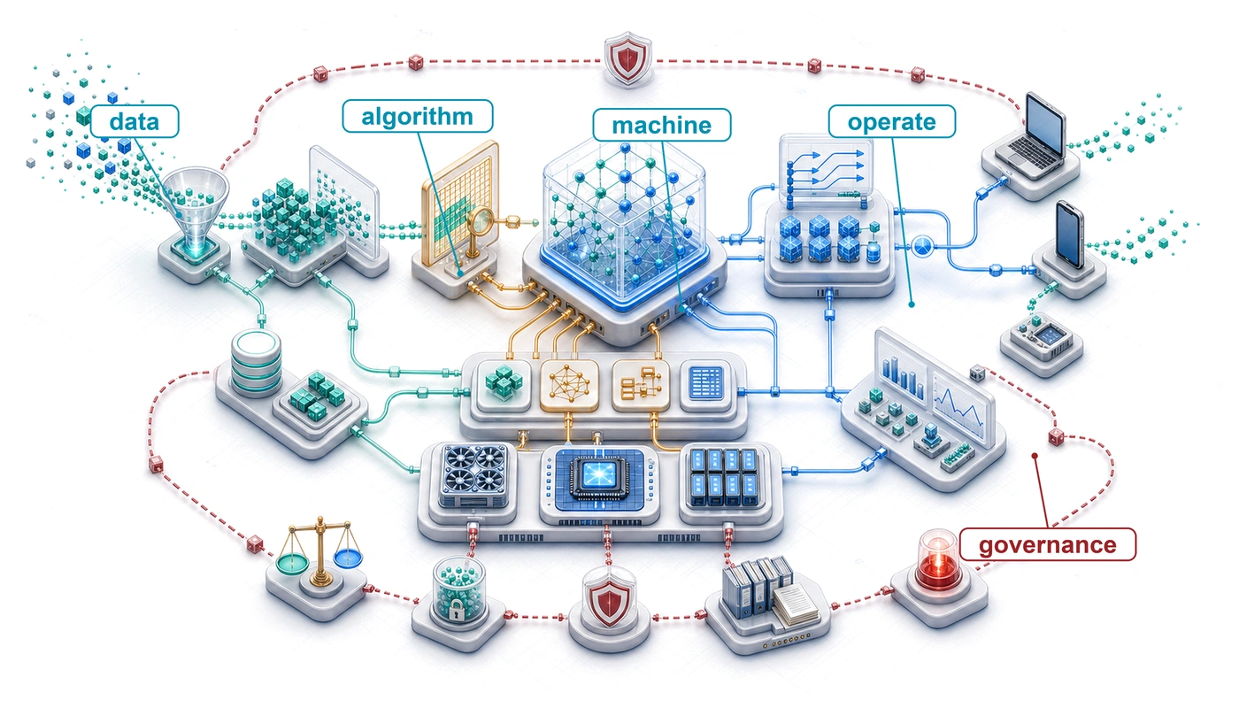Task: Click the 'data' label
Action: click(135, 121)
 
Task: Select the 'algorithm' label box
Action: click(418, 116)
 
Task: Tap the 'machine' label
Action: click(662, 125)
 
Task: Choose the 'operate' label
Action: click(892, 122)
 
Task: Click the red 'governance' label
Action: click(1048, 545)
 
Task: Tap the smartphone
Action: click(1069, 235)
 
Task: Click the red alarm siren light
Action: click(938, 559)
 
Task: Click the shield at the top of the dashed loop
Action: click(627, 58)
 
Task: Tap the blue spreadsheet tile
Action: click(707, 382)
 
